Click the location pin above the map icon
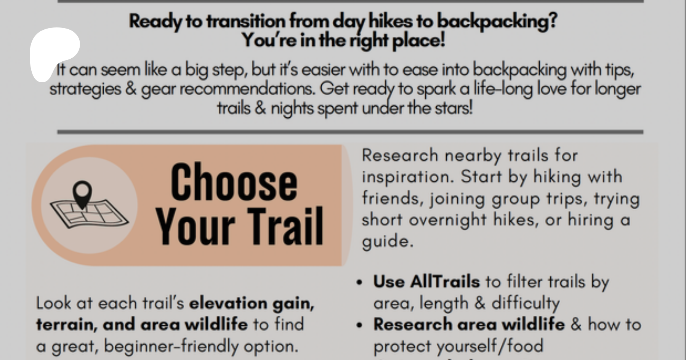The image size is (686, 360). point(82,194)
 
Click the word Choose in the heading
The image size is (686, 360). point(234,182)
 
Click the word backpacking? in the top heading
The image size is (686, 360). point(497,21)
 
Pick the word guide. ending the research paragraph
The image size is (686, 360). point(387,242)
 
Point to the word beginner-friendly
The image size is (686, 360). point(171,346)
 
